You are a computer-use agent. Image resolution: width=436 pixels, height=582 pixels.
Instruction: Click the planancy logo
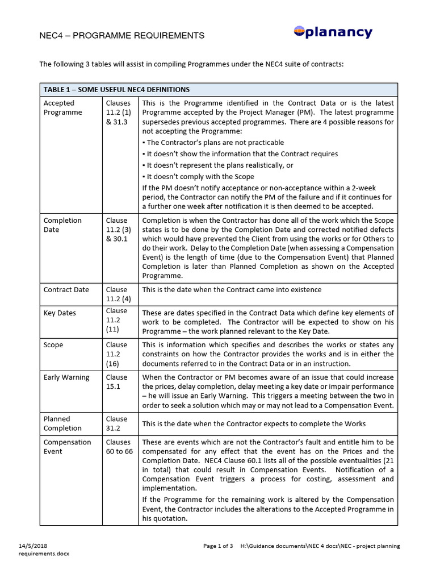(333, 32)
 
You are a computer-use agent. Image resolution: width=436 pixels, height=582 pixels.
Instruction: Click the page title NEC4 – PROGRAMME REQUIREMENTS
(121, 35)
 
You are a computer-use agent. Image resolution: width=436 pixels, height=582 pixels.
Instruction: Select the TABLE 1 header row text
(116, 90)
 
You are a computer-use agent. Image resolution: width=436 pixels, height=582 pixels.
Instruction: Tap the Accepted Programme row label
(63, 108)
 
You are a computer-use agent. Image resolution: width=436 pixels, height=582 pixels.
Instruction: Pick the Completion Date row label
(62, 225)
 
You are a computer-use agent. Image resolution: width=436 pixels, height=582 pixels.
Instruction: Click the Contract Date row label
(66, 290)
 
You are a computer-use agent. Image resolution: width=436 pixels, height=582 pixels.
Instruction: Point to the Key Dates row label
(60, 313)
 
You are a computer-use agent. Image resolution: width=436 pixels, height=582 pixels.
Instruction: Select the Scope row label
(53, 345)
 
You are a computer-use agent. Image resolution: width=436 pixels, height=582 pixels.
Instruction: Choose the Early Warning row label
(66, 377)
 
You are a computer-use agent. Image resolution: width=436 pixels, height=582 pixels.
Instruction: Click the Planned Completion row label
(62, 423)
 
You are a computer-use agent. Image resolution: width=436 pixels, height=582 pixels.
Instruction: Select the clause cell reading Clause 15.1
(116, 382)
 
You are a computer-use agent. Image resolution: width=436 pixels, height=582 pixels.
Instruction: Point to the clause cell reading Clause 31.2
(116, 423)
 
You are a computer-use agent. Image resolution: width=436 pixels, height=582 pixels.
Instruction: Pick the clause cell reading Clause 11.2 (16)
(116, 354)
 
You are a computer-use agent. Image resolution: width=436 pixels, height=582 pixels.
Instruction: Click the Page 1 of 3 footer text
(218, 546)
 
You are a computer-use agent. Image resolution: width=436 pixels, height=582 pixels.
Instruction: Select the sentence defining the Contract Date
(232, 290)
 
